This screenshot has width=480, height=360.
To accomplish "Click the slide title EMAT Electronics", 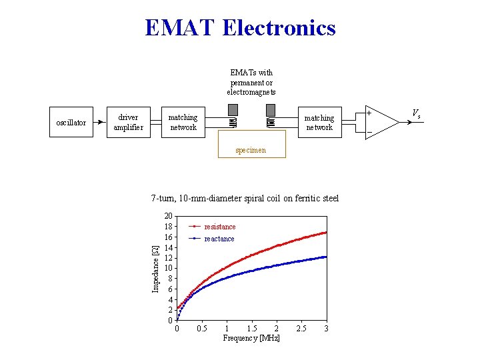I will pyautogui.click(x=240, y=28).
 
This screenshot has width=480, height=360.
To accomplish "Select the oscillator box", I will pyautogui.click(x=71, y=123).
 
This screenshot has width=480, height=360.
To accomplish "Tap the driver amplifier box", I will pyautogui.click(x=128, y=123).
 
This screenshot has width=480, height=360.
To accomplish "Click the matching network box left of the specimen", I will pyautogui.click(x=183, y=123).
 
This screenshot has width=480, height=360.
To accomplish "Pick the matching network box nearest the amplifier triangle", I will pyautogui.click(x=319, y=123).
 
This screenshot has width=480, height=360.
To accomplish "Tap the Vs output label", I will pyautogui.click(x=415, y=113).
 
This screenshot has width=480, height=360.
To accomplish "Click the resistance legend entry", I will pyautogui.click(x=219, y=227).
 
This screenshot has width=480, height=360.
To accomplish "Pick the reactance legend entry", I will pyautogui.click(x=219, y=239).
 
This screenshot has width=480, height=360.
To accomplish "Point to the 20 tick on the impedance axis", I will pyautogui.click(x=169, y=216).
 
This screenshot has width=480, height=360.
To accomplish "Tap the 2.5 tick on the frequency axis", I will pyautogui.click(x=301, y=328).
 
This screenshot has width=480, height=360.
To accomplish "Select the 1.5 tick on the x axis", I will pyautogui.click(x=252, y=328).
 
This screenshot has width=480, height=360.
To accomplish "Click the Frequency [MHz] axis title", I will pyautogui.click(x=251, y=338).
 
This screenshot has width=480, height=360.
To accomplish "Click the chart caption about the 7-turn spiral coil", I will pyautogui.click(x=245, y=198).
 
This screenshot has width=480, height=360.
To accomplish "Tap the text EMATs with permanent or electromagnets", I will pyautogui.click(x=251, y=82).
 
